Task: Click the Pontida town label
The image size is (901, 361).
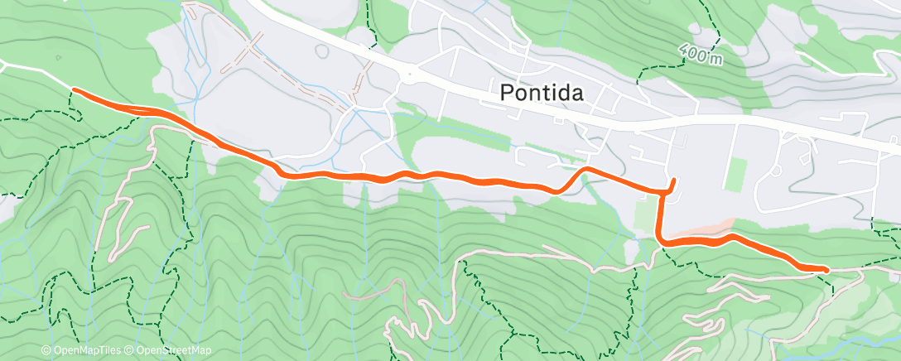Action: click(x=542, y=93)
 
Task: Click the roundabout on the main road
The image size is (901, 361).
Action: click(x=409, y=76)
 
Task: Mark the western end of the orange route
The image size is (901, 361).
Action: click(x=75, y=89)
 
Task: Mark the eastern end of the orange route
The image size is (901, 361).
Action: click(x=826, y=268)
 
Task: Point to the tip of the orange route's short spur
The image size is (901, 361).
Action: click(x=674, y=180)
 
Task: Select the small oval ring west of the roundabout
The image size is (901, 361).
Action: click(x=320, y=51)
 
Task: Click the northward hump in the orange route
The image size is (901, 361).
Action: click(x=586, y=170)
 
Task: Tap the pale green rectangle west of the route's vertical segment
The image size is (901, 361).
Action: click(x=644, y=214)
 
